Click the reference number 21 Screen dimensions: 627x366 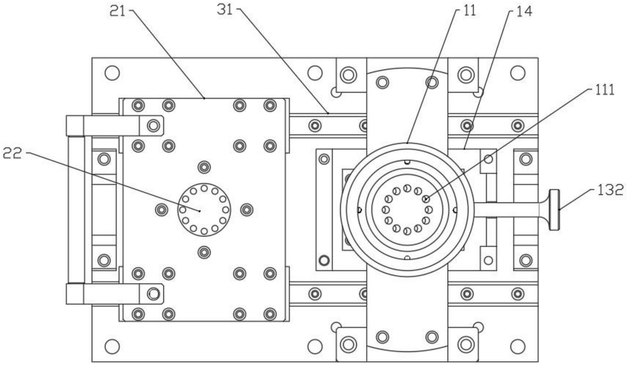click(x=117, y=12)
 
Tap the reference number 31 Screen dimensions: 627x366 click(x=225, y=10)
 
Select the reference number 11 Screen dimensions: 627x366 click(x=470, y=11)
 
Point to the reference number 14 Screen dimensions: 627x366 click(x=524, y=12)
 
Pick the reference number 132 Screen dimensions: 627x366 click(x=610, y=190)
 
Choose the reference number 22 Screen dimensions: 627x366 click(x=12, y=153)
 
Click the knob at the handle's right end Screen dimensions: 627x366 click(x=554, y=210)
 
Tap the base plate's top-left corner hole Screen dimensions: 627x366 click(x=112, y=73)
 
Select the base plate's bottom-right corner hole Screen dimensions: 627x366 click(x=518, y=347)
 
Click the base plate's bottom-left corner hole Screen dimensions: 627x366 click(x=112, y=347)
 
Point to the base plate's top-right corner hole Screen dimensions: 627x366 click(x=518, y=73)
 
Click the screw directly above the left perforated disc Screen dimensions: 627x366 click(x=204, y=167)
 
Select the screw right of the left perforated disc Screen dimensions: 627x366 click(x=247, y=210)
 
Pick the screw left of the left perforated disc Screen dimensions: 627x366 click(x=162, y=210)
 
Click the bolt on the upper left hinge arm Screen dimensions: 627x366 click(x=153, y=125)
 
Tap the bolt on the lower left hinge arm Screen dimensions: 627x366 click(x=153, y=294)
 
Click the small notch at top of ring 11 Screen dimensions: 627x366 click(x=407, y=162)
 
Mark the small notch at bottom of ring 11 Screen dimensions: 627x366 click(x=407, y=258)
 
